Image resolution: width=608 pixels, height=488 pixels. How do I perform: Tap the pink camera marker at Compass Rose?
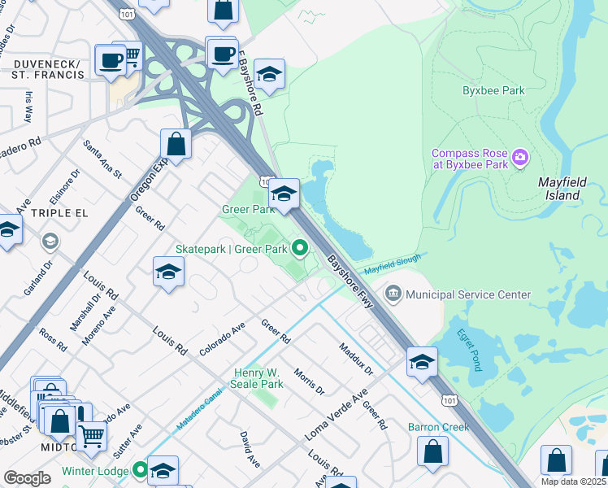(521, 157)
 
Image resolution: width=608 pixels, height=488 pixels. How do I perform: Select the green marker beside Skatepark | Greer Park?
(300, 247)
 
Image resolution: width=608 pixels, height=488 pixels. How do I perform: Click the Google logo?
(27, 478)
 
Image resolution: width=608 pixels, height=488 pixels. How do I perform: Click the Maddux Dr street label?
(356, 358)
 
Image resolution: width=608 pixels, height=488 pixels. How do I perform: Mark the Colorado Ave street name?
(222, 339)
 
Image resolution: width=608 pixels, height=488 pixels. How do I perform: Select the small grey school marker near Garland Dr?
(50, 241)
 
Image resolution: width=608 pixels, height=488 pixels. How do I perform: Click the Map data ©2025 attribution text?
(573, 481)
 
